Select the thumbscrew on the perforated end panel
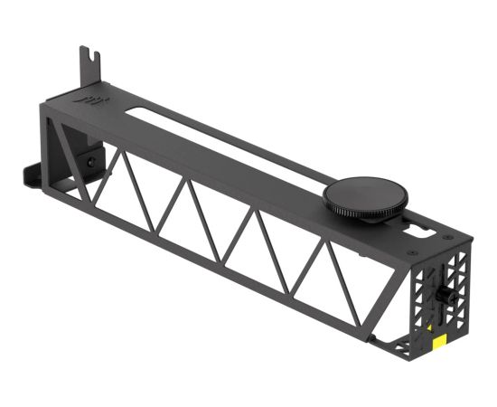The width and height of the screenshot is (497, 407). (445, 296)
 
